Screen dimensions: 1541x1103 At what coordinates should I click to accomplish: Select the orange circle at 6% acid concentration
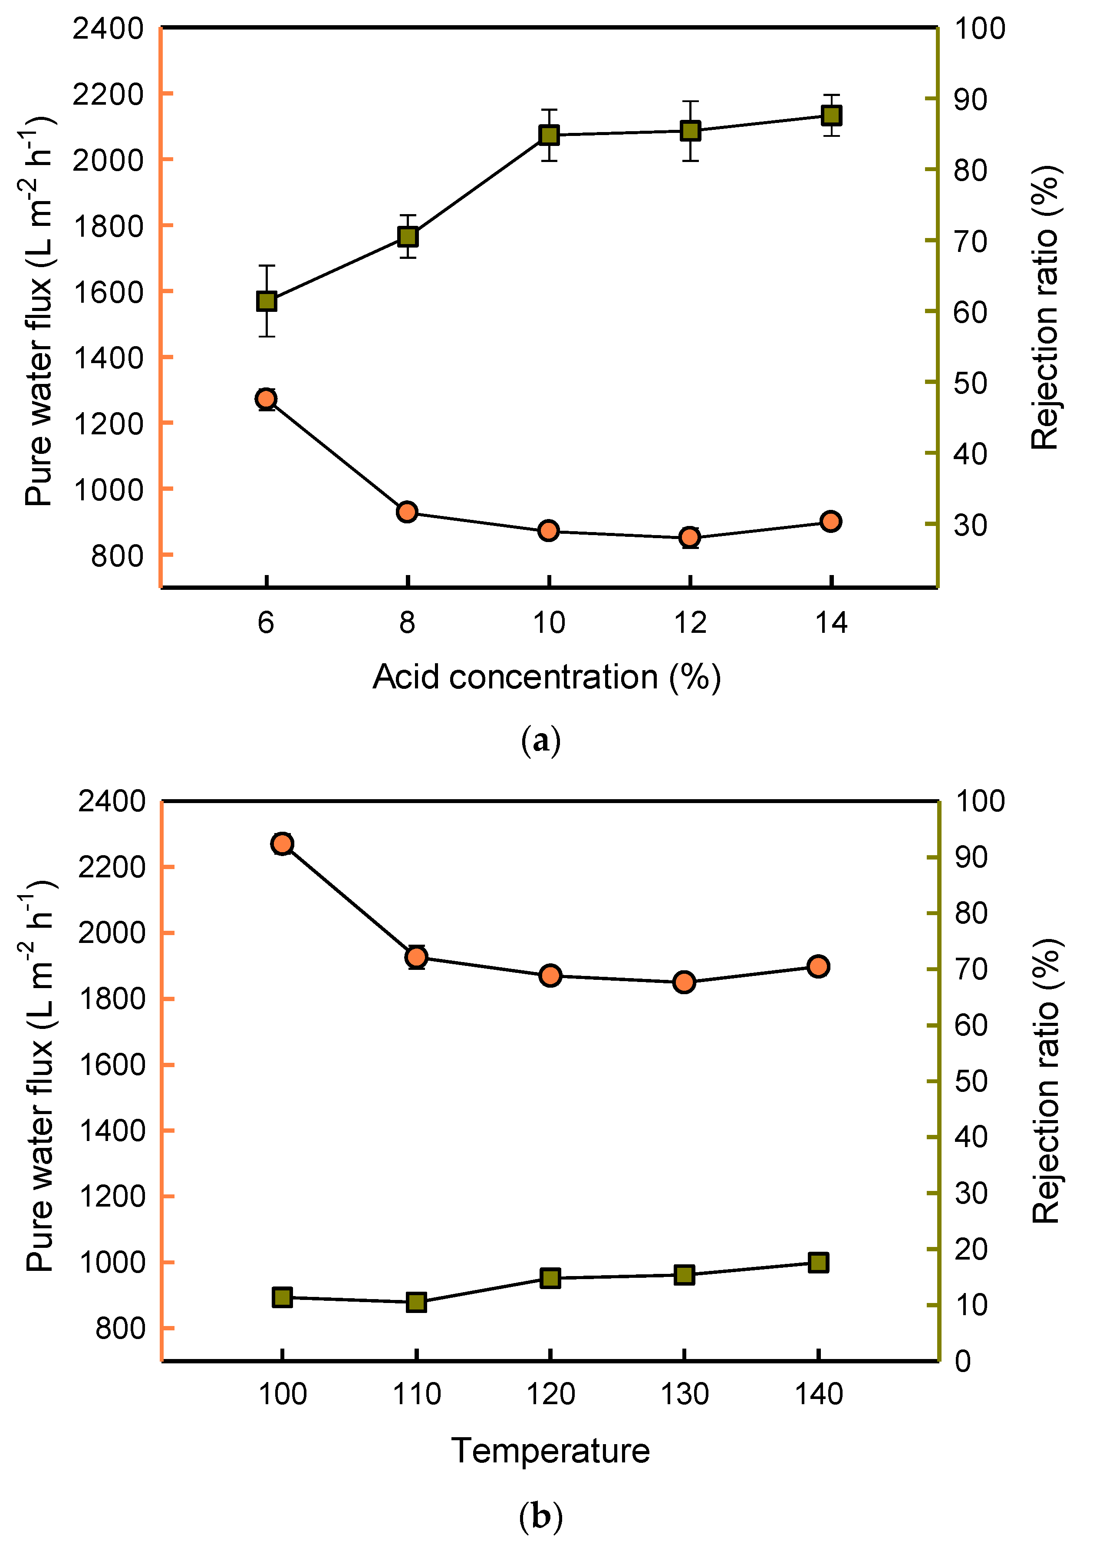[x=266, y=398]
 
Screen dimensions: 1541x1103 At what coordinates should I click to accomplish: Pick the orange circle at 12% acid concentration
[x=690, y=537]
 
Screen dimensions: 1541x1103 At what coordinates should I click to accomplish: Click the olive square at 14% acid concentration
[x=831, y=116]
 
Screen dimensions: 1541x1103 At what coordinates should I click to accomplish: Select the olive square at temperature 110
[x=416, y=1303]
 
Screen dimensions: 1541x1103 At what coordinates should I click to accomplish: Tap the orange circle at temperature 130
[x=685, y=982]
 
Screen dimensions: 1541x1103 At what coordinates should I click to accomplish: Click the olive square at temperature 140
[x=819, y=1263]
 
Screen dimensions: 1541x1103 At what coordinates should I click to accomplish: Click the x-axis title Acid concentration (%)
[x=547, y=678]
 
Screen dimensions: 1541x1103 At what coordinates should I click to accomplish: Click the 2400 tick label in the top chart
[x=108, y=29]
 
